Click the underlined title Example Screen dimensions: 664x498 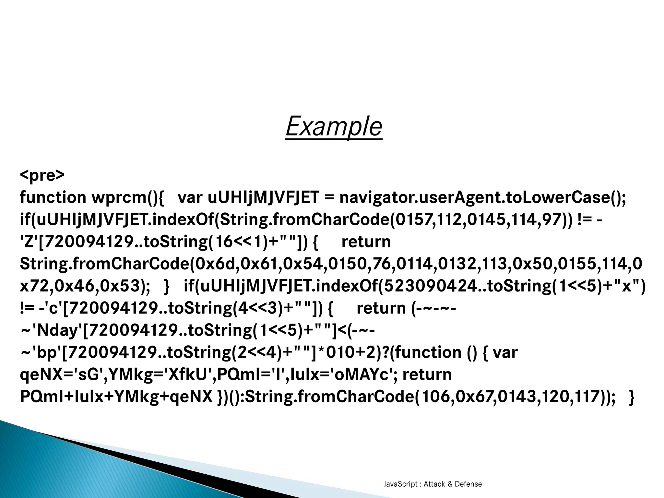(334, 126)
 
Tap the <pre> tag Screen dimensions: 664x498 (42, 175)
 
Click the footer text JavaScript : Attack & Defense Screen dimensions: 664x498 (433, 484)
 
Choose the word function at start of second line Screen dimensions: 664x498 (53, 197)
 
